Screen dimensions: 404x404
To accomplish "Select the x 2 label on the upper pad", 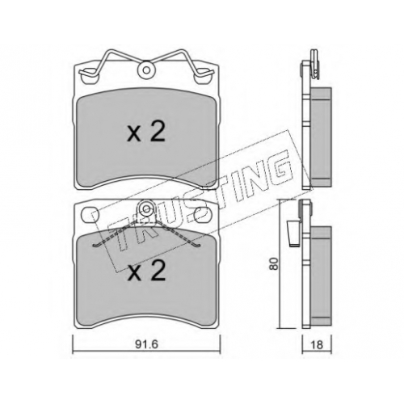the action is [x=146, y=133].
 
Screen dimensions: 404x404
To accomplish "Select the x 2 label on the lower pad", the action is [x=146, y=271].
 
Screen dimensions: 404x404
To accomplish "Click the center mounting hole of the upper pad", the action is [x=146, y=70].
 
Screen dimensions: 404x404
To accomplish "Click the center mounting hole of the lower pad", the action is [x=146, y=208].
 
